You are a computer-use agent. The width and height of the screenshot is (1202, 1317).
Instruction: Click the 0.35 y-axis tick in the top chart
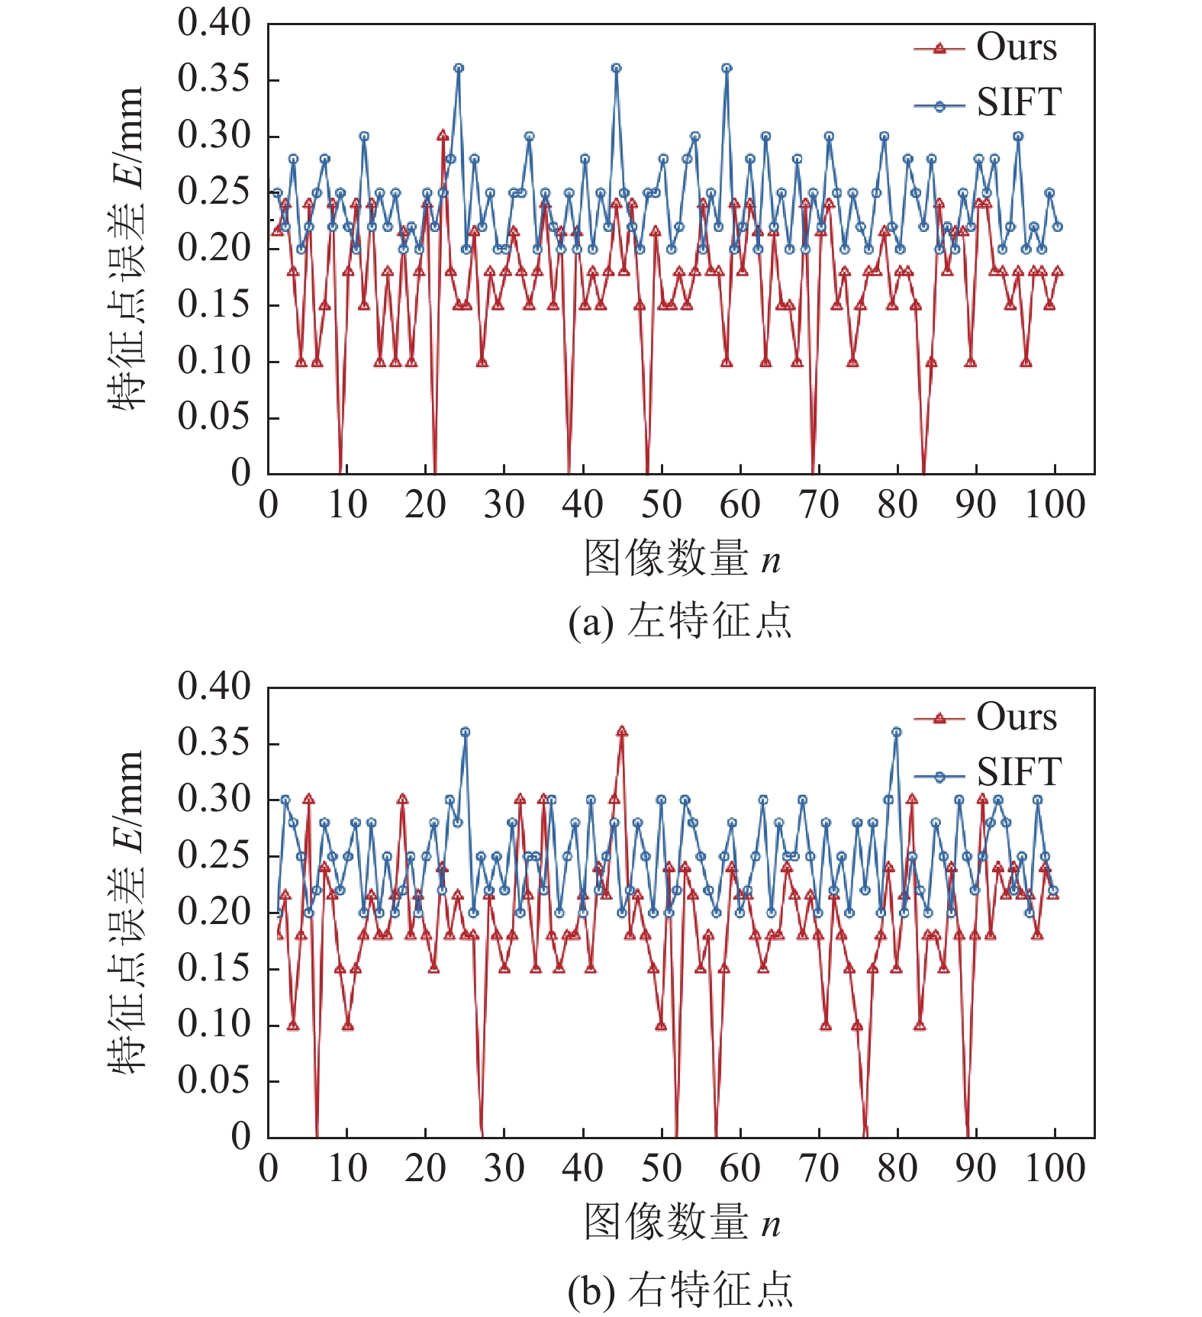[x=214, y=79]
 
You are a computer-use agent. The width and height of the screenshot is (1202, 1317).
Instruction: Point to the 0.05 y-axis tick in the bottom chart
[x=214, y=1080]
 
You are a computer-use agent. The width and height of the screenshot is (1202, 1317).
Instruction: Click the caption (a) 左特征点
[x=679, y=621]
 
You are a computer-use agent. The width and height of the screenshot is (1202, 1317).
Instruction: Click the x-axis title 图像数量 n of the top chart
[x=682, y=559]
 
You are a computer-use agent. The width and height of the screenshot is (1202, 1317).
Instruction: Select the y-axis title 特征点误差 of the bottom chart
[x=126, y=912]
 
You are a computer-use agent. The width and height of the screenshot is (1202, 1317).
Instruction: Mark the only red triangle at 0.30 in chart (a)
[x=443, y=135]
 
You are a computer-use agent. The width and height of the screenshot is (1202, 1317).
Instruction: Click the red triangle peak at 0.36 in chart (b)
[x=622, y=732]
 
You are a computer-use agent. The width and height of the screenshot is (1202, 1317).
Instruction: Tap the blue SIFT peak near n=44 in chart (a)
[x=616, y=68]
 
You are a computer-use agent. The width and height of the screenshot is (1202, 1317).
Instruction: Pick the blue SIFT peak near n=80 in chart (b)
[x=897, y=732]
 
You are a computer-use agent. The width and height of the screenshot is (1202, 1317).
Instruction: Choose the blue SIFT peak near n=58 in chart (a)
[x=727, y=68]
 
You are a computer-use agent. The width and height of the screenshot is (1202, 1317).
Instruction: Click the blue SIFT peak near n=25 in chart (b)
[x=465, y=732]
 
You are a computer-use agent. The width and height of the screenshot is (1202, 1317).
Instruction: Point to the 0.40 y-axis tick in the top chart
[x=214, y=23]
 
